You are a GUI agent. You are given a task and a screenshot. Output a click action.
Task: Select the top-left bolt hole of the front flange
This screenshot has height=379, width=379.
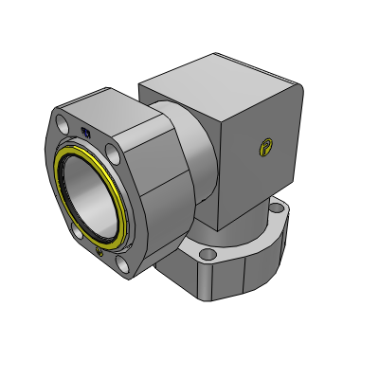[63, 123]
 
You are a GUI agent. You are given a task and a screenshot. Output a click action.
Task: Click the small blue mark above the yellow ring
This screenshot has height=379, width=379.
[86, 134]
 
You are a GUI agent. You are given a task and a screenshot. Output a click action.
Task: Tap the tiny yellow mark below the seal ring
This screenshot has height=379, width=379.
[100, 252]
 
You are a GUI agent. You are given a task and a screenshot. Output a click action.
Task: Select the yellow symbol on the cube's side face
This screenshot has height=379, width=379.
[267, 146]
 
